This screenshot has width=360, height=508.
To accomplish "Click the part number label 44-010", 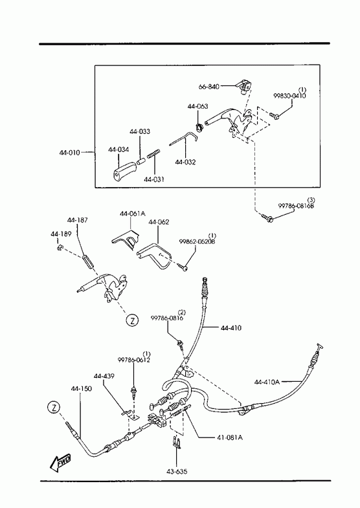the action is pyautogui.click(x=69, y=152).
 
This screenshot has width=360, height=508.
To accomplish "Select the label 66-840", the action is pyautogui.click(x=208, y=87).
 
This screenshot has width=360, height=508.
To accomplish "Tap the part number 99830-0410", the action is pyautogui.click(x=289, y=96).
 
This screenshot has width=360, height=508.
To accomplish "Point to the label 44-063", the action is pyautogui.click(x=197, y=106).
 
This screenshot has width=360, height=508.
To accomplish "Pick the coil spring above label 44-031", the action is pyautogui.click(x=154, y=153).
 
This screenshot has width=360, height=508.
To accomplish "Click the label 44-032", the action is pyautogui.click(x=186, y=162).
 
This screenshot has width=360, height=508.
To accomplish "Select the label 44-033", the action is pyautogui.click(x=140, y=131).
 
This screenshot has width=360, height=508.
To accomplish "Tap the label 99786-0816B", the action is pyautogui.click(x=296, y=206).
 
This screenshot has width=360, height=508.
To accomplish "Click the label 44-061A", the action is pyautogui.click(x=133, y=214).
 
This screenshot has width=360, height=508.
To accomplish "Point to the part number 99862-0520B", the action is pyautogui.click(x=197, y=241).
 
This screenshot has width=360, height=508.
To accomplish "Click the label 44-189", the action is pyautogui.click(x=61, y=234).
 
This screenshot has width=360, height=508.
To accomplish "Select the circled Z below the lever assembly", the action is pyautogui.click(x=132, y=320).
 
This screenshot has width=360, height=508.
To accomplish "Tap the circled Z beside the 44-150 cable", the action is pyautogui.click(x=54, y=407).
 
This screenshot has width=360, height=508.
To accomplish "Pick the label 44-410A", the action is pyautogui.click(x=267, y=382).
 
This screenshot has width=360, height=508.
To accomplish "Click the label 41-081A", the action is pyautogui.click(x=229, y=437).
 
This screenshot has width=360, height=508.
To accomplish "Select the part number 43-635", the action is pyautogui.click(x=177, y=472).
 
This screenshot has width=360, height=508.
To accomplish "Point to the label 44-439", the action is pyautogui.click(x=104, y=376).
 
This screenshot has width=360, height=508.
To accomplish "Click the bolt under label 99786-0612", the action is pyautogui.click(x=133, y=392).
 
